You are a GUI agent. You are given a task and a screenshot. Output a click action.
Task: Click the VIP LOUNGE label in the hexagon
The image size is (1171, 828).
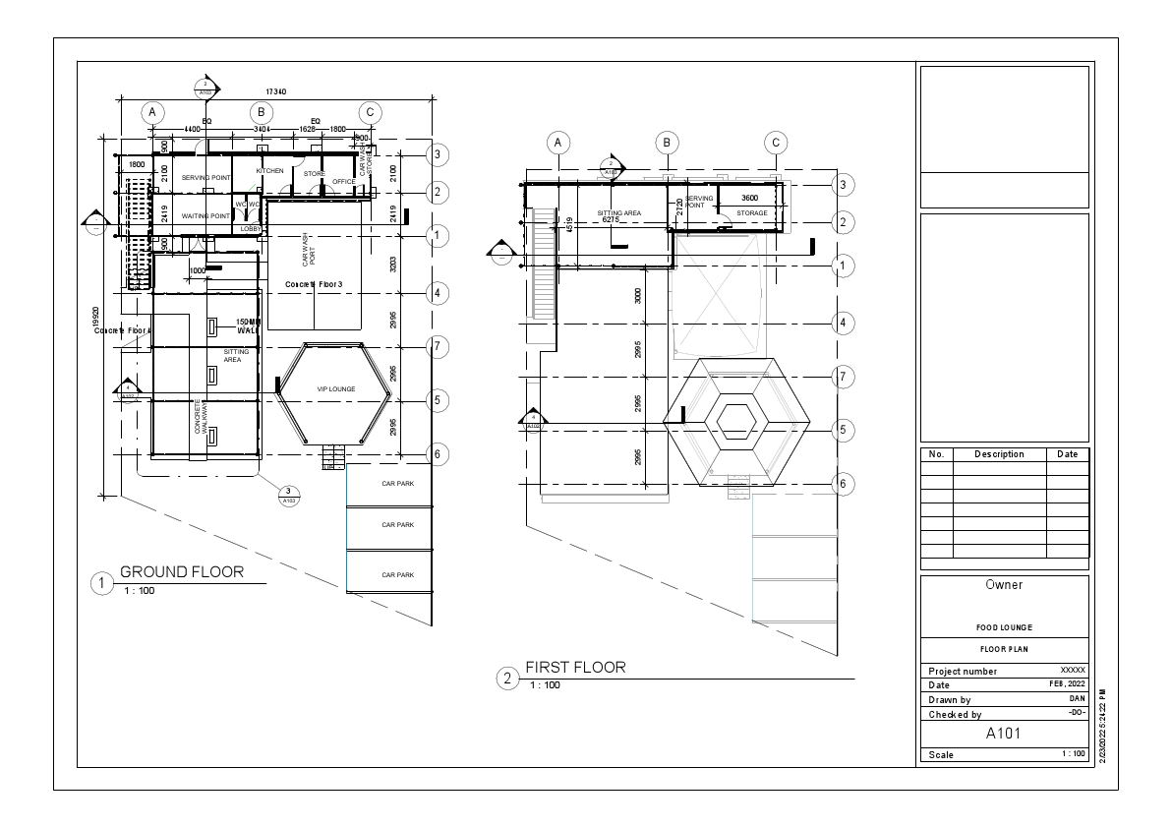(335, 389)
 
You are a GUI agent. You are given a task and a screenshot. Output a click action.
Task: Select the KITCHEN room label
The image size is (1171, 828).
(269, 171)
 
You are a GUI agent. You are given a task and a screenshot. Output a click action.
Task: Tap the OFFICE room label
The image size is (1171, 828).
(343, 182)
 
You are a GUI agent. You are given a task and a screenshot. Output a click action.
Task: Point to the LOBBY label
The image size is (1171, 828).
(251, 228)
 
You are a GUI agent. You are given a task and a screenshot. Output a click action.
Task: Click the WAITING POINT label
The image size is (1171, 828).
(205, 215)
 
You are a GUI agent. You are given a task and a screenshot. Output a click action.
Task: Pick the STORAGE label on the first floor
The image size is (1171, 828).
(752, 212)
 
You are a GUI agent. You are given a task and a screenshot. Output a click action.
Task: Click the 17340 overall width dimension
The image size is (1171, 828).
(276, 91)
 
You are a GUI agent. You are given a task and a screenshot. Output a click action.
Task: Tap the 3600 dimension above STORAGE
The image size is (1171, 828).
(749, 199)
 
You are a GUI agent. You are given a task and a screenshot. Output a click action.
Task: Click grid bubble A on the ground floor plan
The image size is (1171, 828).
(151, 112)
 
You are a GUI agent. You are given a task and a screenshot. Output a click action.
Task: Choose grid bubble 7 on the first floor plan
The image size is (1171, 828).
(842, 377)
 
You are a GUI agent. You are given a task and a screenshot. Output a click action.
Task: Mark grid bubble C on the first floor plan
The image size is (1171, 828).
(776, 144)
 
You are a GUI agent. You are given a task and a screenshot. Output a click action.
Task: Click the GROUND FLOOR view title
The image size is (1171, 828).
(181, 572)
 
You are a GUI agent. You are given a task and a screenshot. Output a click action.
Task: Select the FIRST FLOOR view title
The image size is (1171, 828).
(575, 668)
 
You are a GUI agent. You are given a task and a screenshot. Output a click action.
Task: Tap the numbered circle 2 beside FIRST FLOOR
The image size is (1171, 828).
(507, 679)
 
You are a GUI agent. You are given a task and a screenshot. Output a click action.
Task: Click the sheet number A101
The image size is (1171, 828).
(1004, 734)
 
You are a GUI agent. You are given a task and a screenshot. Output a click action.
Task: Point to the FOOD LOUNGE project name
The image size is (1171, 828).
(1004, 627)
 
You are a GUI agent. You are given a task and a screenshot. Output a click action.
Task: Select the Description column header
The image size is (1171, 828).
(999, 454)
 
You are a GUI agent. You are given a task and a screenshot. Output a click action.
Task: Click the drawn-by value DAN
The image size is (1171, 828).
(1077, 698)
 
